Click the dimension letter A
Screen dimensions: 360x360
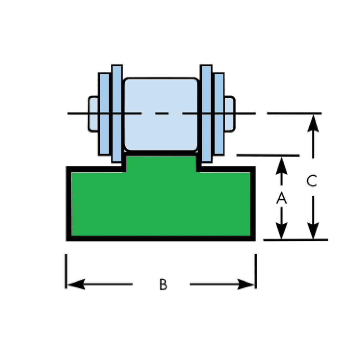(281, 198)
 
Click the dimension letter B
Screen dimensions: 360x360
(163, 284)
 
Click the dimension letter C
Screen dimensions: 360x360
(312, 181)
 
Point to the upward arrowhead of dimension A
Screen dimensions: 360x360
(281, 163)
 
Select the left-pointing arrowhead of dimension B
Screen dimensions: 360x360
(73, 284)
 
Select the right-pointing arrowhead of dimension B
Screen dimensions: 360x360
(247, 284)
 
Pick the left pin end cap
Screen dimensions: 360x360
(93, 114)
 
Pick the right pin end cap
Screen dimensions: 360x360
(230, 114)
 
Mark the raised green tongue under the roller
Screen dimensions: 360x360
(161, 162)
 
